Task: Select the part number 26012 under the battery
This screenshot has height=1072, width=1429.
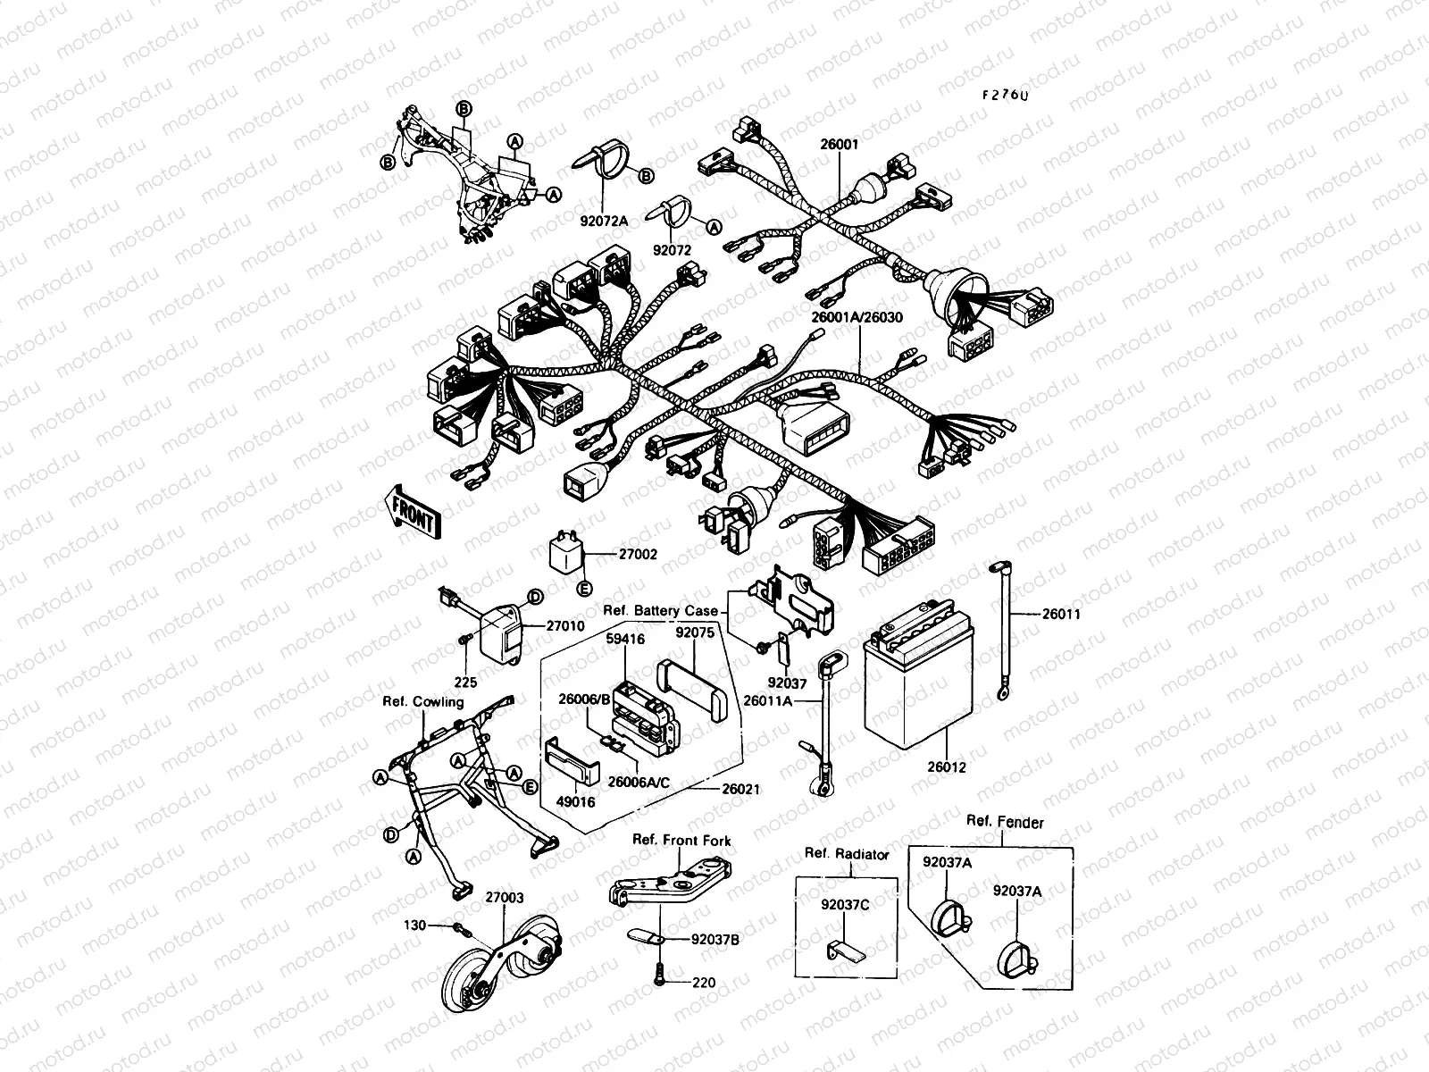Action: pos(947,767)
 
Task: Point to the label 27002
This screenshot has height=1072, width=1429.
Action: pos(638,555)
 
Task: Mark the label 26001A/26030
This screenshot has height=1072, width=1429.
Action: pos(857,317)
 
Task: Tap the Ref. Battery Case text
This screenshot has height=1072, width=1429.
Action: pos(661,611)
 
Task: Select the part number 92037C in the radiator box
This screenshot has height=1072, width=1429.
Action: pos(845,903)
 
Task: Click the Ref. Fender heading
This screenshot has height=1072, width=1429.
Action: pos(1005,823)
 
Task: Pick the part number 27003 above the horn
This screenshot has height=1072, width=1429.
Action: pos(505,898)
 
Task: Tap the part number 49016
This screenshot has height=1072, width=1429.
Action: pos(576,802)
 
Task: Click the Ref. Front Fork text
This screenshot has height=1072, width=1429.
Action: pos(681,841)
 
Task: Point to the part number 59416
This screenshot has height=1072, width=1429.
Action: pos(625,640)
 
